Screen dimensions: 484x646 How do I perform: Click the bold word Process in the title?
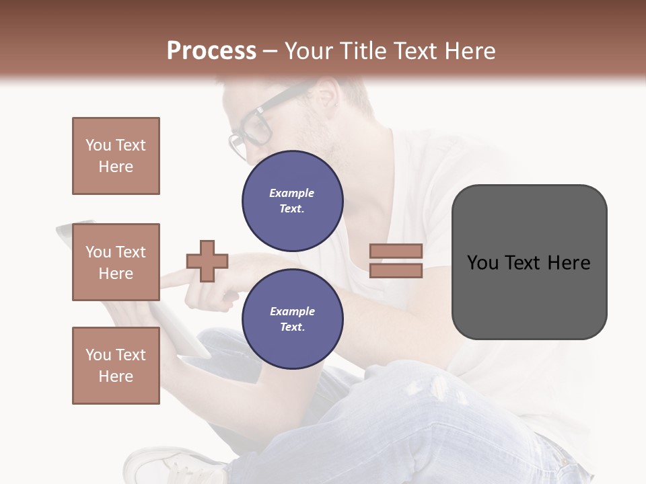pos(211,51)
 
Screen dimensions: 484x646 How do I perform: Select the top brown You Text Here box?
pos(116,156)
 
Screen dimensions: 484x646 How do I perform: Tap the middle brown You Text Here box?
pos(116,262)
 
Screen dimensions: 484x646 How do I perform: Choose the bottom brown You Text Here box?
pos(116,366)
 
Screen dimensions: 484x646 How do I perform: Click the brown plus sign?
pos(207,261)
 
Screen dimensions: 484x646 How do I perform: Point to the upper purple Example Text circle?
pos(293,200)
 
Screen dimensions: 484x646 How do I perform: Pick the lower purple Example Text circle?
pos(293,319)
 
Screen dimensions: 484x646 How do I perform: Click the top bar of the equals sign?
pos(396,251)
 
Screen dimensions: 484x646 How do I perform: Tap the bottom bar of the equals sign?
pos(396,270)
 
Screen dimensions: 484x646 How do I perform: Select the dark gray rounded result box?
pos(529,262)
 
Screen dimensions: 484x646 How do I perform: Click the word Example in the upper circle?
pos(292,193)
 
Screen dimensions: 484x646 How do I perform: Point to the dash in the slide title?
pos(271,52)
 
